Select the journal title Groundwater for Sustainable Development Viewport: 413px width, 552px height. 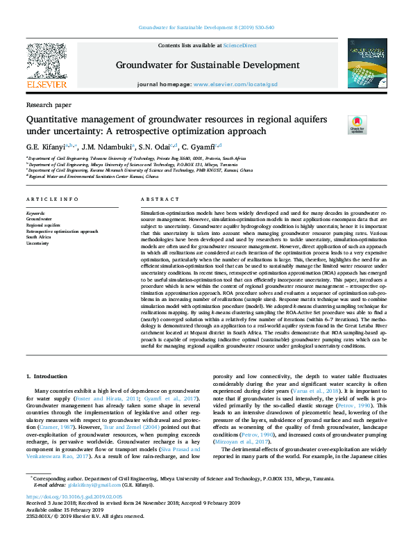(207, 66)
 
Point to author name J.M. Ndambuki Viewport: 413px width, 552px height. (103, 146)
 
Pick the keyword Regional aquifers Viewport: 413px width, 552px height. (43, 225)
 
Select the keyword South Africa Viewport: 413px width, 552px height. (39, 237)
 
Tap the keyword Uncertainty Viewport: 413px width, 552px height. (38, 243)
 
